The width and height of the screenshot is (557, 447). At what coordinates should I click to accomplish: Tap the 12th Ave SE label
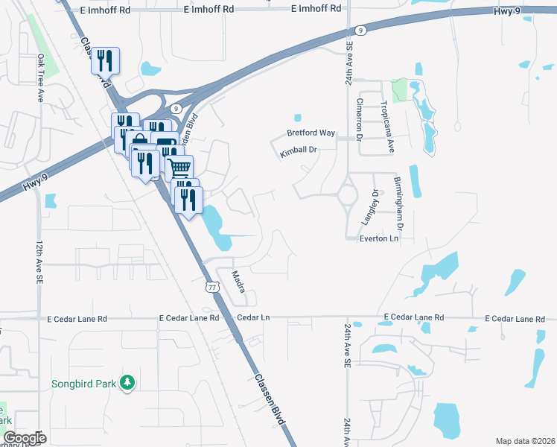point(39,261)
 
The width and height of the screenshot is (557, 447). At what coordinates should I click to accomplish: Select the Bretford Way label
point(311,133)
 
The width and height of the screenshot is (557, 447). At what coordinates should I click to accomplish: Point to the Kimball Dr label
point(299,150)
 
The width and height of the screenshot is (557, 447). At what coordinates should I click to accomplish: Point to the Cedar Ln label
point(252,317)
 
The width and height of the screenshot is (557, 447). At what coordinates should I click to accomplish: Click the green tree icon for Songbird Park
point(127,382)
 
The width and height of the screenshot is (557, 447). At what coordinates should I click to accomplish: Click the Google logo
point(25,437)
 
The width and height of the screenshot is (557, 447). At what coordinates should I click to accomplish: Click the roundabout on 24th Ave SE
point(348,195)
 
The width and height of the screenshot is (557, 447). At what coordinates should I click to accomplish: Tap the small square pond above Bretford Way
point(298,117)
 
